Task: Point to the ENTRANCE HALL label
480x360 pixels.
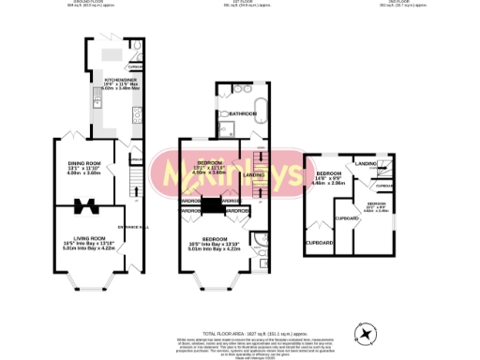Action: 132,224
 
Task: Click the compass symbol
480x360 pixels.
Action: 365,332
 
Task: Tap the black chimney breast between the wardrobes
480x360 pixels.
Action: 213,206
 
